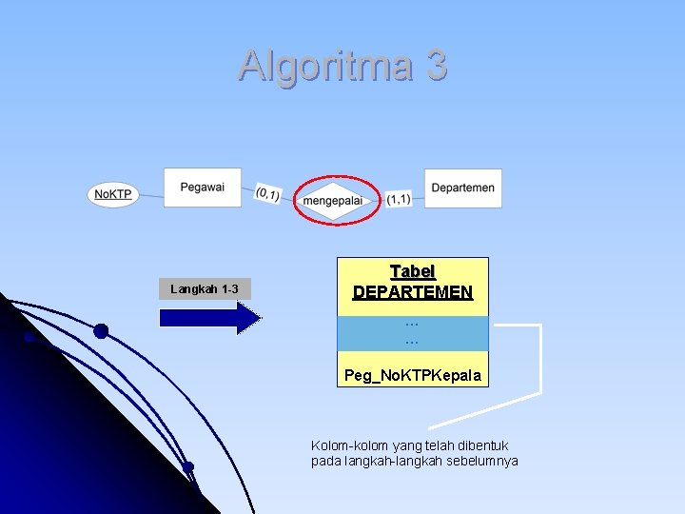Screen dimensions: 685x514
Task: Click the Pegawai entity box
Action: (x=202, y=188)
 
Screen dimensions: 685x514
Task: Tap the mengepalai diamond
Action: (x=332, y=200)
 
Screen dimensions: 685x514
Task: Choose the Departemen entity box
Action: (x=462, y=188)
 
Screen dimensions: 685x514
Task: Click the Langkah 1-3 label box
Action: (x=204, y=288)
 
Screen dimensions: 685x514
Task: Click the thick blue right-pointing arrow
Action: (x=209, y=318)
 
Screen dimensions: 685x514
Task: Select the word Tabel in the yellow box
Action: (x=413, y=272)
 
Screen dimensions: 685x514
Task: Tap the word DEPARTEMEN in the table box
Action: (x=413, y=292)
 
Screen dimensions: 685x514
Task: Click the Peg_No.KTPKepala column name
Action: (x=413, y=376)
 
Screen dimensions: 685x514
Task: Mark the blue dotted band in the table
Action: (x=413, y=333)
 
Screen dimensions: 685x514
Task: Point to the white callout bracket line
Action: (x=539, y=362)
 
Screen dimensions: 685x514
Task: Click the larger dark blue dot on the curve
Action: (x=101, y=331)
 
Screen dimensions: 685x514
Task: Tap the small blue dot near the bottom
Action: (x=188, y=466)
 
